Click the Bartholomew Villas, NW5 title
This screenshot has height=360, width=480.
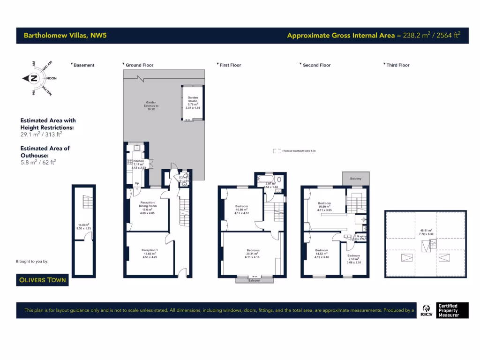tap(65, 35)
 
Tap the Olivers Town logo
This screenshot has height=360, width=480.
tap(43, 280)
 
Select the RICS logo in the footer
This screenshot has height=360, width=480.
tap(427, 310)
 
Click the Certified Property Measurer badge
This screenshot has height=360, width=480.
tap(448, 310)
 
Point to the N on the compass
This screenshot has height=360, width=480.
tap(34, 79)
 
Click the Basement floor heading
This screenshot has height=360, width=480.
tap(83, 65)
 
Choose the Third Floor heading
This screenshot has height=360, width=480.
tap(397, 65)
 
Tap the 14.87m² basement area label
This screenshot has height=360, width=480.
tap(84, 226)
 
